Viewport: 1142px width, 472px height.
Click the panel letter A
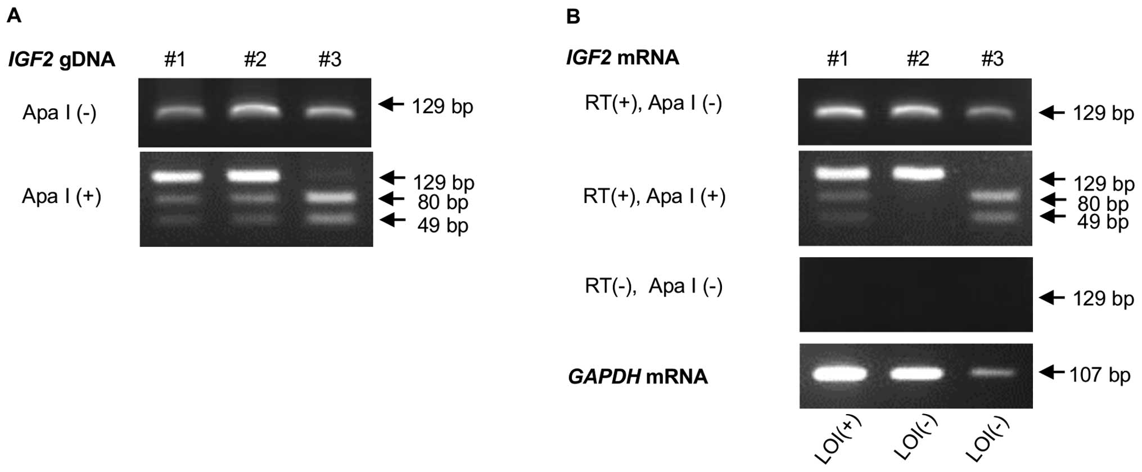13,16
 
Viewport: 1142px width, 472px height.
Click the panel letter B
572,17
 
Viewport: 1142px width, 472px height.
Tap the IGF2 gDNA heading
61,59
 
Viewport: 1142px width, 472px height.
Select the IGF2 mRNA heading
622,57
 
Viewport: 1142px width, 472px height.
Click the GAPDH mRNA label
638,376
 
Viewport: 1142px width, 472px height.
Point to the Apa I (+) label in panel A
61,196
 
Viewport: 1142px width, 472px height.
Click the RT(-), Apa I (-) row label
653,286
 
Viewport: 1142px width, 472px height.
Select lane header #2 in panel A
255,59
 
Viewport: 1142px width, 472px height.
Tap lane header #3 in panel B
992,59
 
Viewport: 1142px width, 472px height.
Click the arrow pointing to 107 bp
1051,372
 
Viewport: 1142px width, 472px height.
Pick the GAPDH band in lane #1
838,374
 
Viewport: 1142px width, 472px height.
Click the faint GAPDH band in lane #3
992,373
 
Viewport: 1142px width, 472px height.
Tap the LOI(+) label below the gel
838,440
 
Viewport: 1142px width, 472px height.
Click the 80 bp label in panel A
443,202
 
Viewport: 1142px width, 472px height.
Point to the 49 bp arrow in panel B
1052,217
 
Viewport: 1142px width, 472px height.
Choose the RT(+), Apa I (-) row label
653,103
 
